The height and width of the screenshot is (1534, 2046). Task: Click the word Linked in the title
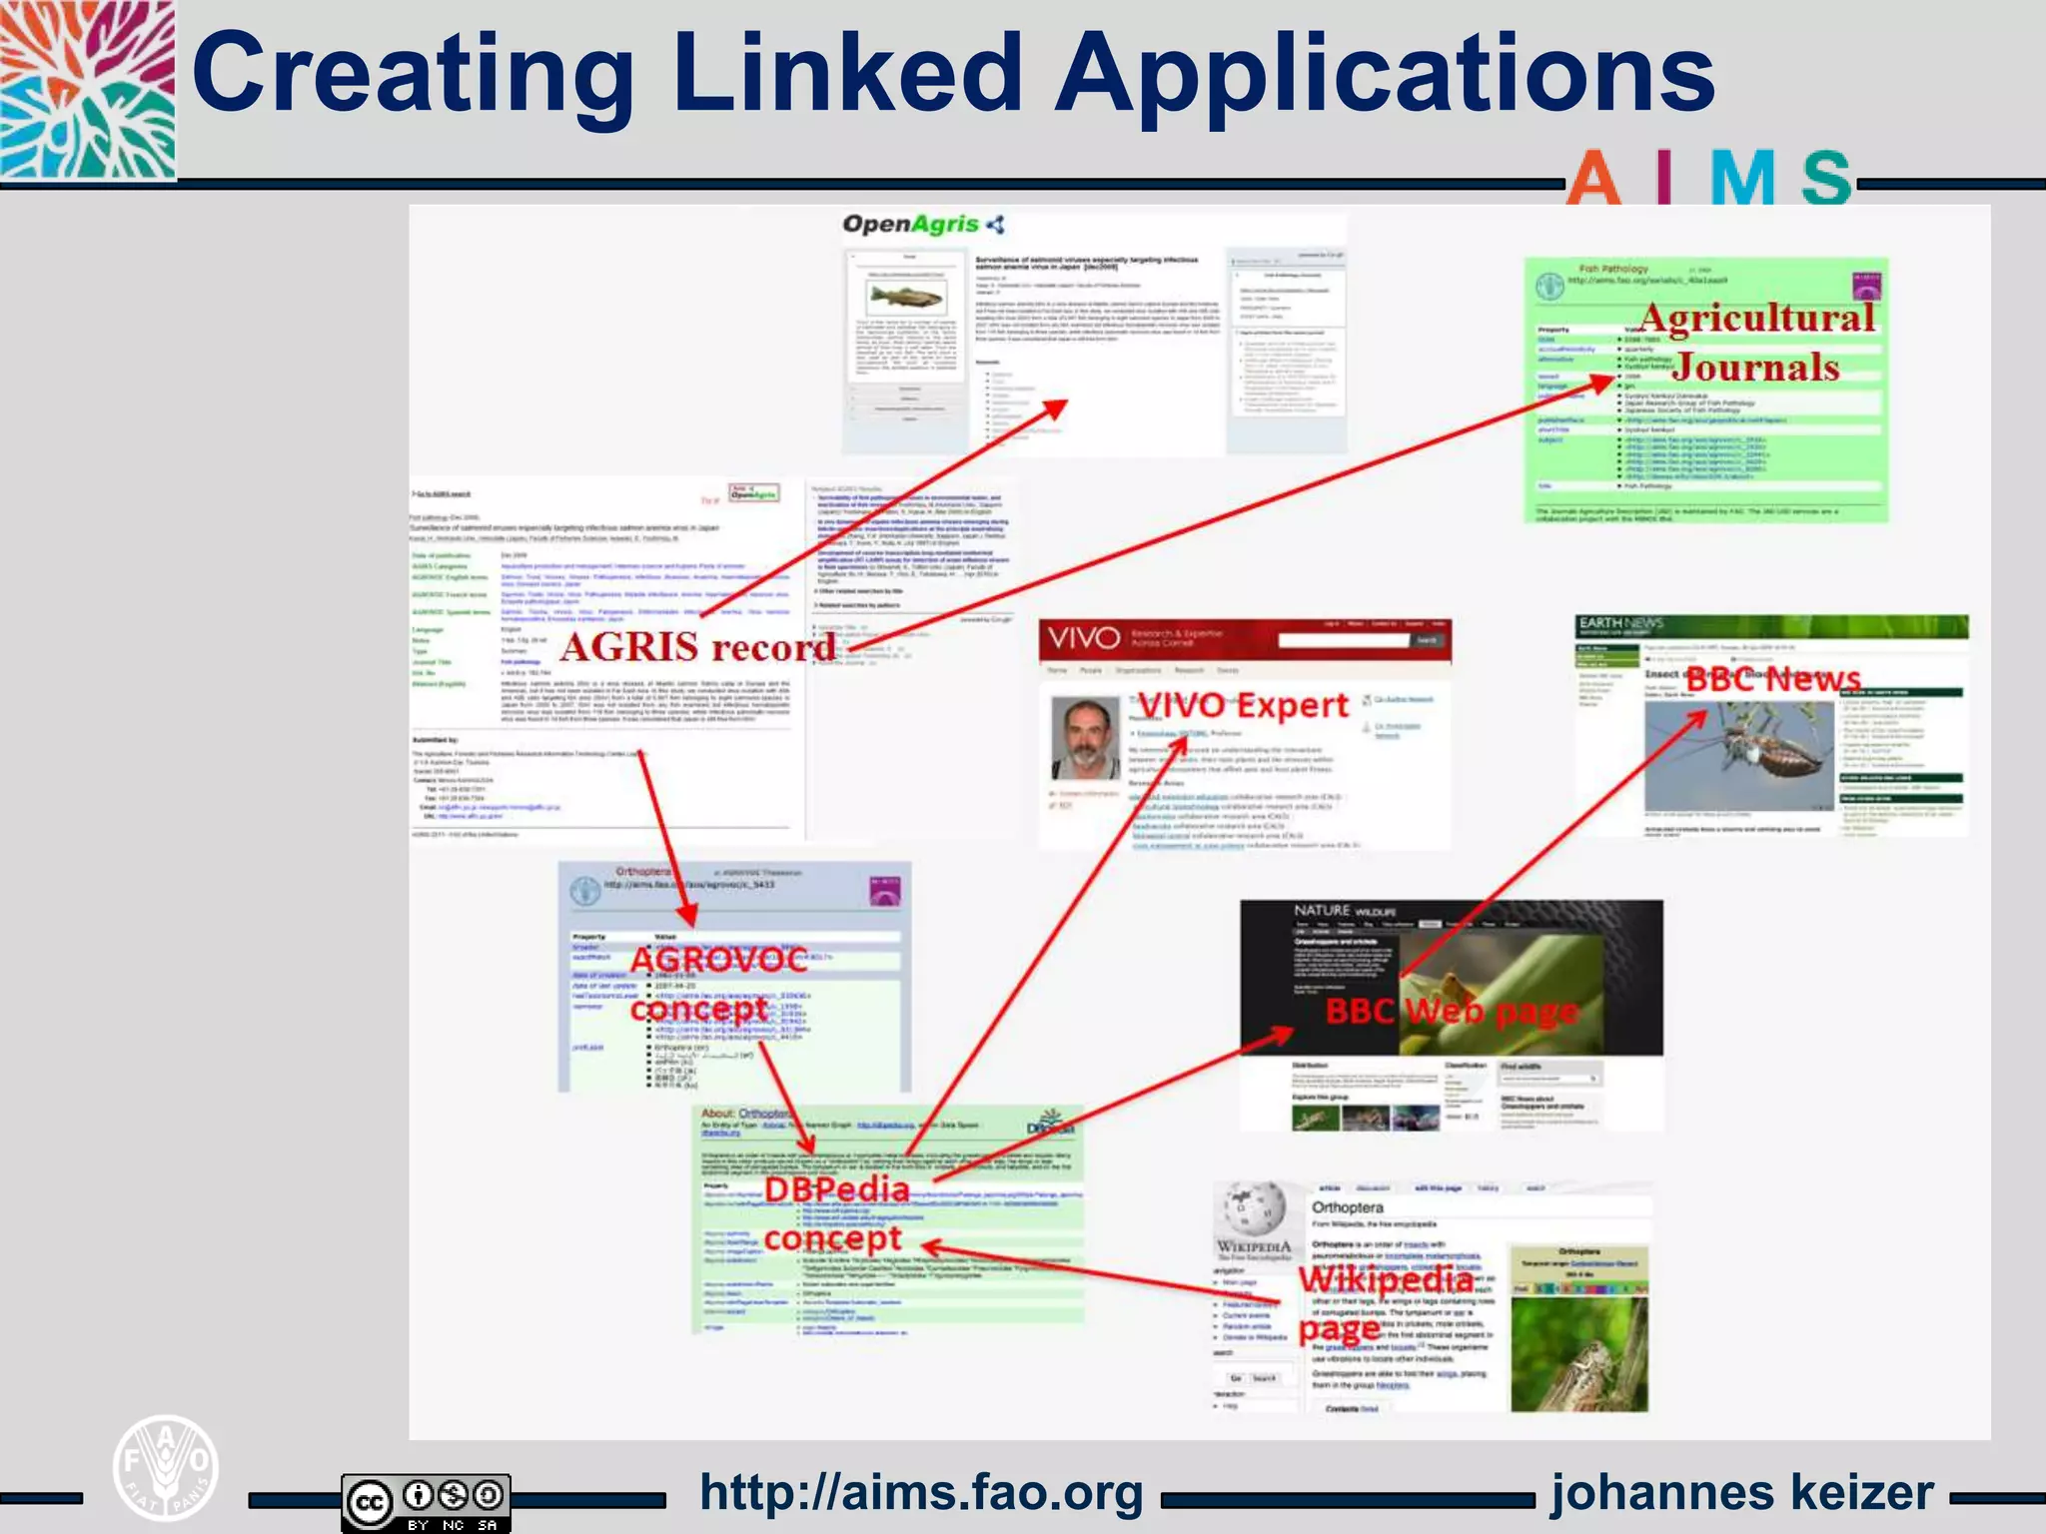(x=847, y=75)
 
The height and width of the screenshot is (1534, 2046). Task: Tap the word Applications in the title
(x=1385, y=75)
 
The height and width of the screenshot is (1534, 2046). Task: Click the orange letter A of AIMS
(x=1592, y=180)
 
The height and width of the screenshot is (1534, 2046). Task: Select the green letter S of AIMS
(x=1827, y=180)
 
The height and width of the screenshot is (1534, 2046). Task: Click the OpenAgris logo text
(x=911, y=224)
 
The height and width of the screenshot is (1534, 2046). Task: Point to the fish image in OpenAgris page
(x=906, y=296)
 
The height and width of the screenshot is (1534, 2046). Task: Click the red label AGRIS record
(x=697, y=647)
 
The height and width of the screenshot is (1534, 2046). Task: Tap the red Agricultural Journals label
(x=1756, y=343)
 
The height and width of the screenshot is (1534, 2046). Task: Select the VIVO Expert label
(x=1243, y=705)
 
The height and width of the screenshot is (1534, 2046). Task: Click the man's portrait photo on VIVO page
(x=1085, y=738)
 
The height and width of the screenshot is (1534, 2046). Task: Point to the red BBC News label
(x=1773, y=680)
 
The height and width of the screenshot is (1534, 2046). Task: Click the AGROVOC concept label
(x=716, y=984)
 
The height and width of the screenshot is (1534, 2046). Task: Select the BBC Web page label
(x=1451, y=1012)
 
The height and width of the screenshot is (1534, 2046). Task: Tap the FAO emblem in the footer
(x=165, y=1468)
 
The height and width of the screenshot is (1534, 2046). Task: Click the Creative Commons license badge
(x=426, y=1501)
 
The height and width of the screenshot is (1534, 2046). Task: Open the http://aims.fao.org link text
(x=921, y=1493)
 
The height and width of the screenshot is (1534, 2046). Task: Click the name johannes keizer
(x=1741, y=1493)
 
